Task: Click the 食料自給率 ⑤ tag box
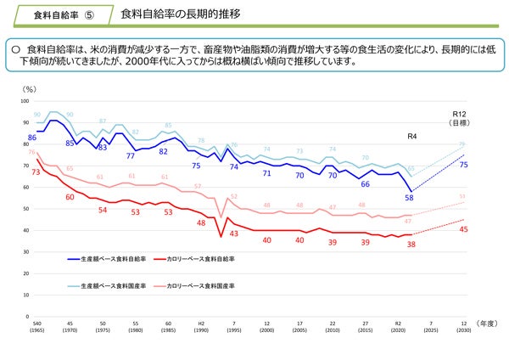point(64,15)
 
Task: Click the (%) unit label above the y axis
point(30,88)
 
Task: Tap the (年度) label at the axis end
point(485,323)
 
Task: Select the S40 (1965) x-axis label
point(36,327)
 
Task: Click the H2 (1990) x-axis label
point(201,327)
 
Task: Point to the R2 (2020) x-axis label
point(398,327)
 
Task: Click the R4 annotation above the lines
point(412,136)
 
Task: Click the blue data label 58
point(409,197)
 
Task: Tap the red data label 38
point(411,244)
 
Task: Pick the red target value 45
point(463,229)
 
